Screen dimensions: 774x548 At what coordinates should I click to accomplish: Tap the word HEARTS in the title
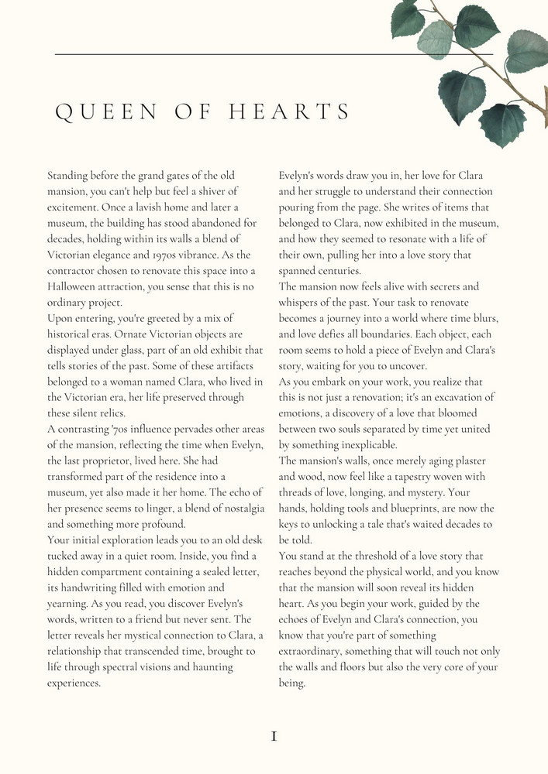pyautogui.click(x=291, y=112)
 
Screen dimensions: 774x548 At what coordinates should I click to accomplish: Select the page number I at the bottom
pyautogui.click(x=274, y=736)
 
